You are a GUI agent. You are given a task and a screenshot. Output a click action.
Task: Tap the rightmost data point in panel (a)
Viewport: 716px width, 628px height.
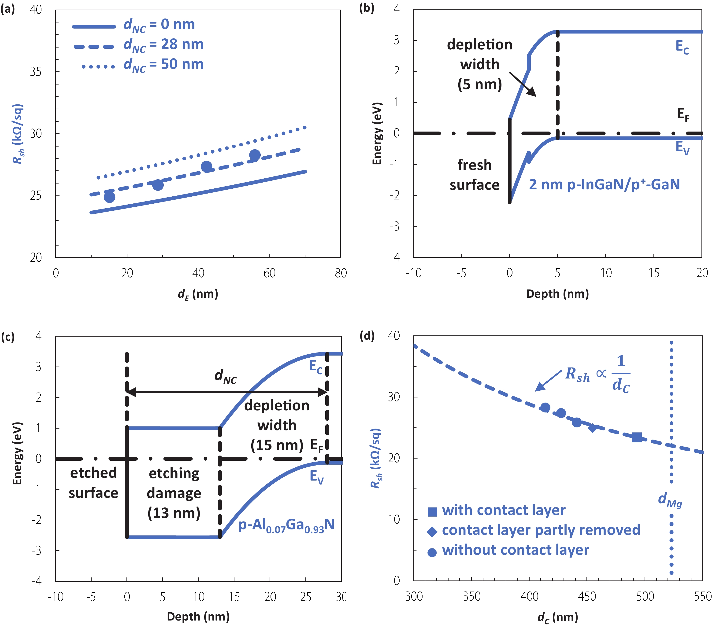(255, 155)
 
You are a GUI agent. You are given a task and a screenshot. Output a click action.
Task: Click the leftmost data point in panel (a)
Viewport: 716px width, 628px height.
(110, 197)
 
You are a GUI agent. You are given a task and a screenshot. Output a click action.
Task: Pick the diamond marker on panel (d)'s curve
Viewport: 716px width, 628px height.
(592, 428)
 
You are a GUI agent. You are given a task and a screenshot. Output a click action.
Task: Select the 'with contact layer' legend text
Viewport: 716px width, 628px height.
(503, 510)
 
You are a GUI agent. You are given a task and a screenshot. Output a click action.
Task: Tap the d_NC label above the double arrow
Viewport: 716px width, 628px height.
(225, 376)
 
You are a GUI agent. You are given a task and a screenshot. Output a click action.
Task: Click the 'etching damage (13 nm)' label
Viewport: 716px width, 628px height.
(174, 493)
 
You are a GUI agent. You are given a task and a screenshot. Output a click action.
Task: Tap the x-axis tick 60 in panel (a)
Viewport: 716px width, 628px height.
(269, 273)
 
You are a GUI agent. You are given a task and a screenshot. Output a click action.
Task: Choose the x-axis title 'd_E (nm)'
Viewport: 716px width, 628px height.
(198, 294)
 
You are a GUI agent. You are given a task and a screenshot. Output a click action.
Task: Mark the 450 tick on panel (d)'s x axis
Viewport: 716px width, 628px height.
(587, 596)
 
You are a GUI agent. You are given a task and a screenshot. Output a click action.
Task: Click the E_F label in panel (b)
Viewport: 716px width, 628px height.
(683, 114)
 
